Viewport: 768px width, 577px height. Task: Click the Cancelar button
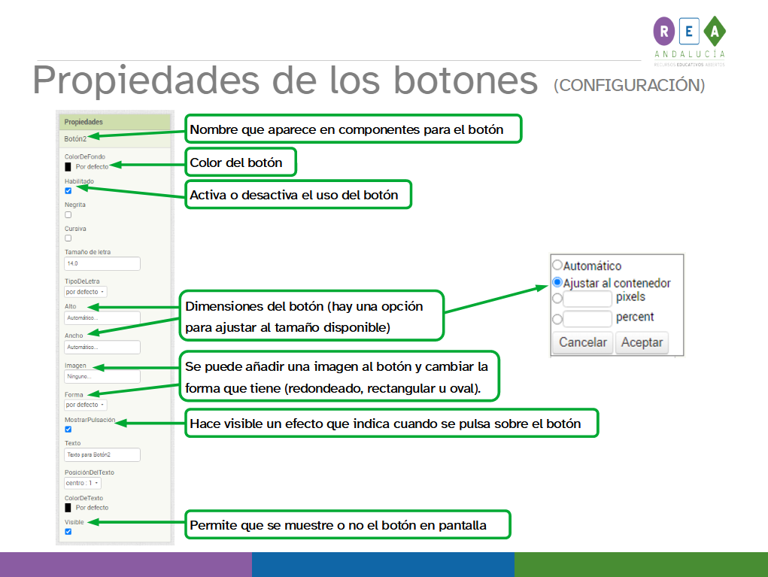(x=582, y=342)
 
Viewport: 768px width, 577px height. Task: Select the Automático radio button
(x=557, y=266)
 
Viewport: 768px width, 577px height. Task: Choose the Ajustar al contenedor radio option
(x=557, y=283)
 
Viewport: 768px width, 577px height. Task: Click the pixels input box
(x=587, y=299)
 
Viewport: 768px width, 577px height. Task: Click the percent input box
(x=587, y=319)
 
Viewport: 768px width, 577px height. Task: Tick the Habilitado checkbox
(x=68, y=191)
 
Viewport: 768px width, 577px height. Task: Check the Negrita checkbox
(x=68, y=214)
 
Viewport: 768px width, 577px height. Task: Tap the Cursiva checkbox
(x=68, y=238)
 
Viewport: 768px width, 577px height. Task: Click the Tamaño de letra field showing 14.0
(x=102, y=264)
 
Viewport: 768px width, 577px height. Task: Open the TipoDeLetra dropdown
(x=85, y=291)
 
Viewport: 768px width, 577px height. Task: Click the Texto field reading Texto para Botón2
(x=102, y=455)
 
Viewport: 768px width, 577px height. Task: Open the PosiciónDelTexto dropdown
(x=83, y=483)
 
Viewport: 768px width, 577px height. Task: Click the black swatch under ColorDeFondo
(x=68, y=167)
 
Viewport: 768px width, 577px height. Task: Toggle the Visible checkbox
(x=68, y=532)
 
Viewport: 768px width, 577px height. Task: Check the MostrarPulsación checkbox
(x=68, y=430)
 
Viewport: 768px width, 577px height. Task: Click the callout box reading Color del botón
(x=241, y=162)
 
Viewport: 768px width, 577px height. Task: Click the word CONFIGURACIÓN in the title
(x=629, y=86)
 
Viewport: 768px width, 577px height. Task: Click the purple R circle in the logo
(x=665, y=32)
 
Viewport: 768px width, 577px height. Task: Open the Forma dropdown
(x=85, y=405)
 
